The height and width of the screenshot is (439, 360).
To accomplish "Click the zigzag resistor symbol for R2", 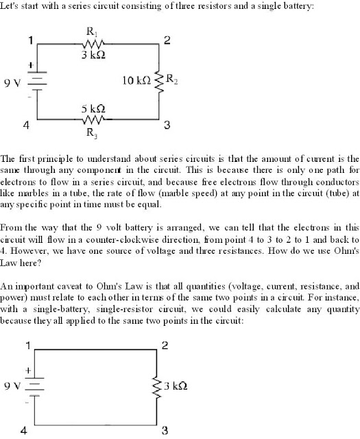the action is click(x=159, y=81).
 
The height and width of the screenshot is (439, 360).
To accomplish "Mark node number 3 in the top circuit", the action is click(x=167, y=126).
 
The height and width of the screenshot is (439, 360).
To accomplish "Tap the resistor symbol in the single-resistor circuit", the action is click(x=159, y=386).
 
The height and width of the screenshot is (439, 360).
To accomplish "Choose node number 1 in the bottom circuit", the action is click(x=27, y=345).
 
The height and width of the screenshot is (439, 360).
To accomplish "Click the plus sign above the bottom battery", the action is click(x=29, y=370).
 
